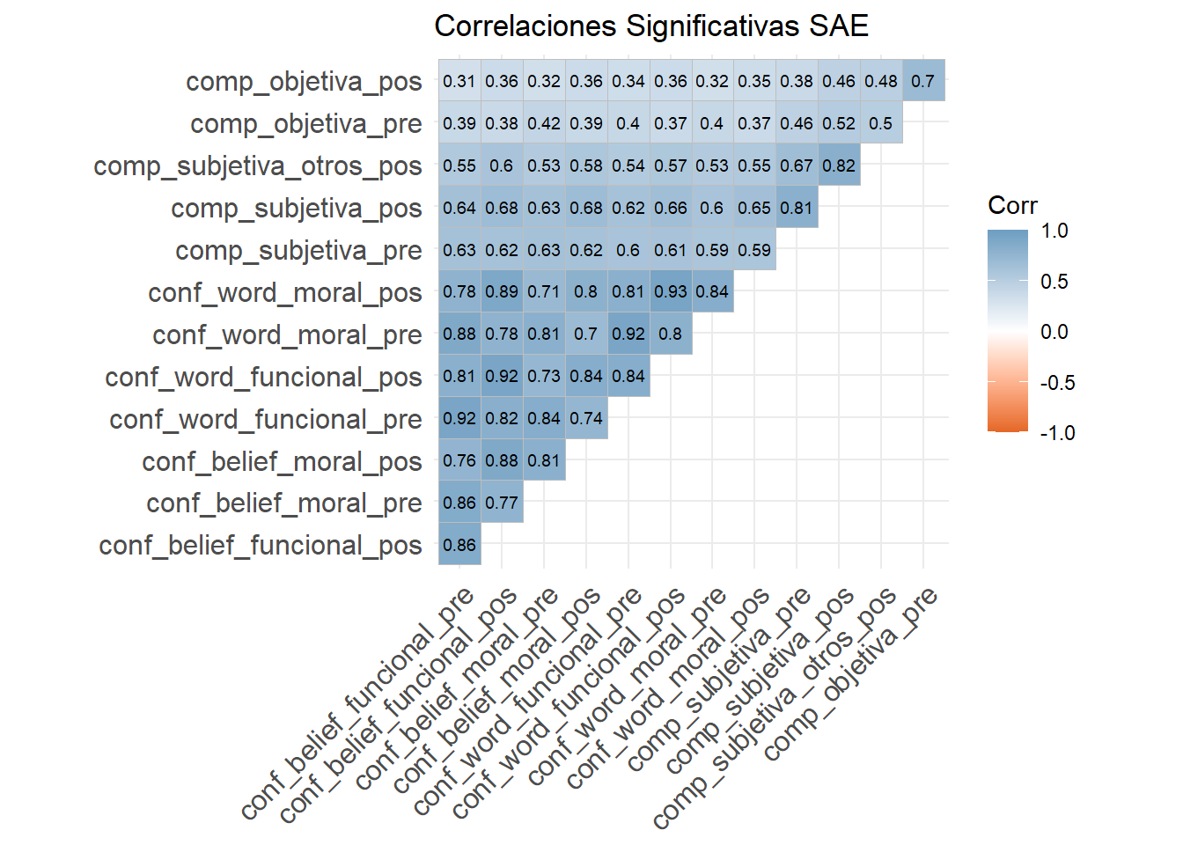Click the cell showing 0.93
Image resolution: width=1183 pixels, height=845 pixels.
coord(671,291)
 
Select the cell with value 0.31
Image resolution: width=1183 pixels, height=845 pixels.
coord(459,81)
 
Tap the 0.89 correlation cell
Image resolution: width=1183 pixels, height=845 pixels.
coord(502,291)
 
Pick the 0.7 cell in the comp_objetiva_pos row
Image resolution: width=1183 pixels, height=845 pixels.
coord(923,81)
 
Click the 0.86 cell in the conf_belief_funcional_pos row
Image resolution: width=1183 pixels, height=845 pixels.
coord(459,545)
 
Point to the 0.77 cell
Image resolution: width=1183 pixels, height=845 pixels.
coord(502,503)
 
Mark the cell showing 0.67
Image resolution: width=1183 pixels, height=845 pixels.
coord(797,165)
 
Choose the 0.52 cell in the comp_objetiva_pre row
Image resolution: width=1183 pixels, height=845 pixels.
coord(839,123)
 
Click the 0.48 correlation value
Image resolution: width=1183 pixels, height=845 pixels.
coord(881,81)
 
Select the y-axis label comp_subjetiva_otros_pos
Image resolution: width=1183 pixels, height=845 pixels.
coord(258,165)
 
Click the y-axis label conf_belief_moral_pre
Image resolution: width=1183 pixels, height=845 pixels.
coord(284,503)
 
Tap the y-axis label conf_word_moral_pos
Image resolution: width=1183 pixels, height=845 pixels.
coord(285,292)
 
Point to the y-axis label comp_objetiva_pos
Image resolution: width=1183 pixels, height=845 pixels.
coord(304,81)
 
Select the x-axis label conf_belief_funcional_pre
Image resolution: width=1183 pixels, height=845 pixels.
coord(358,702)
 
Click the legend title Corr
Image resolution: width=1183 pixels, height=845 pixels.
coord(1012,205)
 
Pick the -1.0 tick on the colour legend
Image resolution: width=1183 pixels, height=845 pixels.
coord(1057,433)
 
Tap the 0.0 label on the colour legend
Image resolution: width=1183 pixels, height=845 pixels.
coord(1054,332)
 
